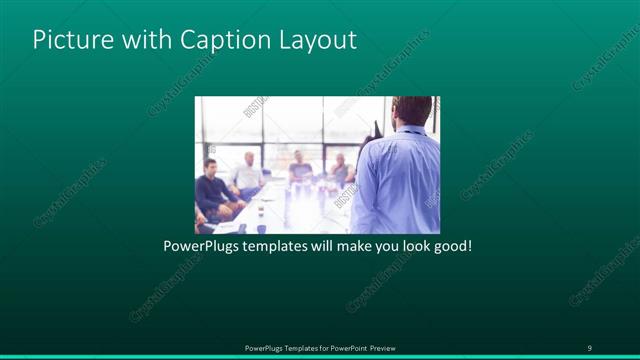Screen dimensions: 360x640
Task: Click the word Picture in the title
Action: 67,40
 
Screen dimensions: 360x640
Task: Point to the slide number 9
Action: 589,347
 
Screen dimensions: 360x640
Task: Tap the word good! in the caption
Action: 451,245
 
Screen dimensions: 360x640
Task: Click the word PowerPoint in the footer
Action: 343,348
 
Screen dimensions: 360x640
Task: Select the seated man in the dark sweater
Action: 213,190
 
